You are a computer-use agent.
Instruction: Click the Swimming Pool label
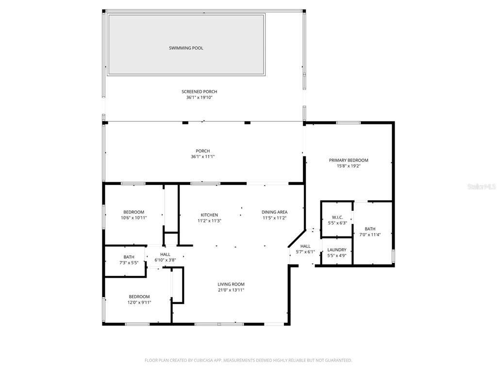click(x=186, y=48)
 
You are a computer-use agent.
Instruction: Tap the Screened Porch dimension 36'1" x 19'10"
click(x=199, y=97)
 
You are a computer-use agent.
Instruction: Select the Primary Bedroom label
click(x=348, y=160)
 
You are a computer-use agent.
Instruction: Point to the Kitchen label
click(x=210, y=215)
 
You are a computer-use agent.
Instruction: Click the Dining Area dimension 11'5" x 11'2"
click(x=275, y=218)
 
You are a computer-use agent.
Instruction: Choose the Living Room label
click(x=231, y=284)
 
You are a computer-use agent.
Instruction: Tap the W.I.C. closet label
click(x=338, y=217)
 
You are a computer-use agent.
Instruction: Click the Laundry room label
click(x=337, y=250)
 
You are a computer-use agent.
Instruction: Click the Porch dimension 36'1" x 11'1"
click(x=203, y=157)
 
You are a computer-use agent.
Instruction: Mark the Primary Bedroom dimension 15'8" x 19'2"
click(x=348, y=166)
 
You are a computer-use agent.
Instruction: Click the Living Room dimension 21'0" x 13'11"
click(x=231, y=290)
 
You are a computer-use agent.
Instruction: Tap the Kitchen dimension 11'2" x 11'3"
click(x=210, y=221)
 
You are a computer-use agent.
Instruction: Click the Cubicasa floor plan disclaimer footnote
click(x=248, y=360)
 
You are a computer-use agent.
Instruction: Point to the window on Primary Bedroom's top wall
click(x=348, y=123)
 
